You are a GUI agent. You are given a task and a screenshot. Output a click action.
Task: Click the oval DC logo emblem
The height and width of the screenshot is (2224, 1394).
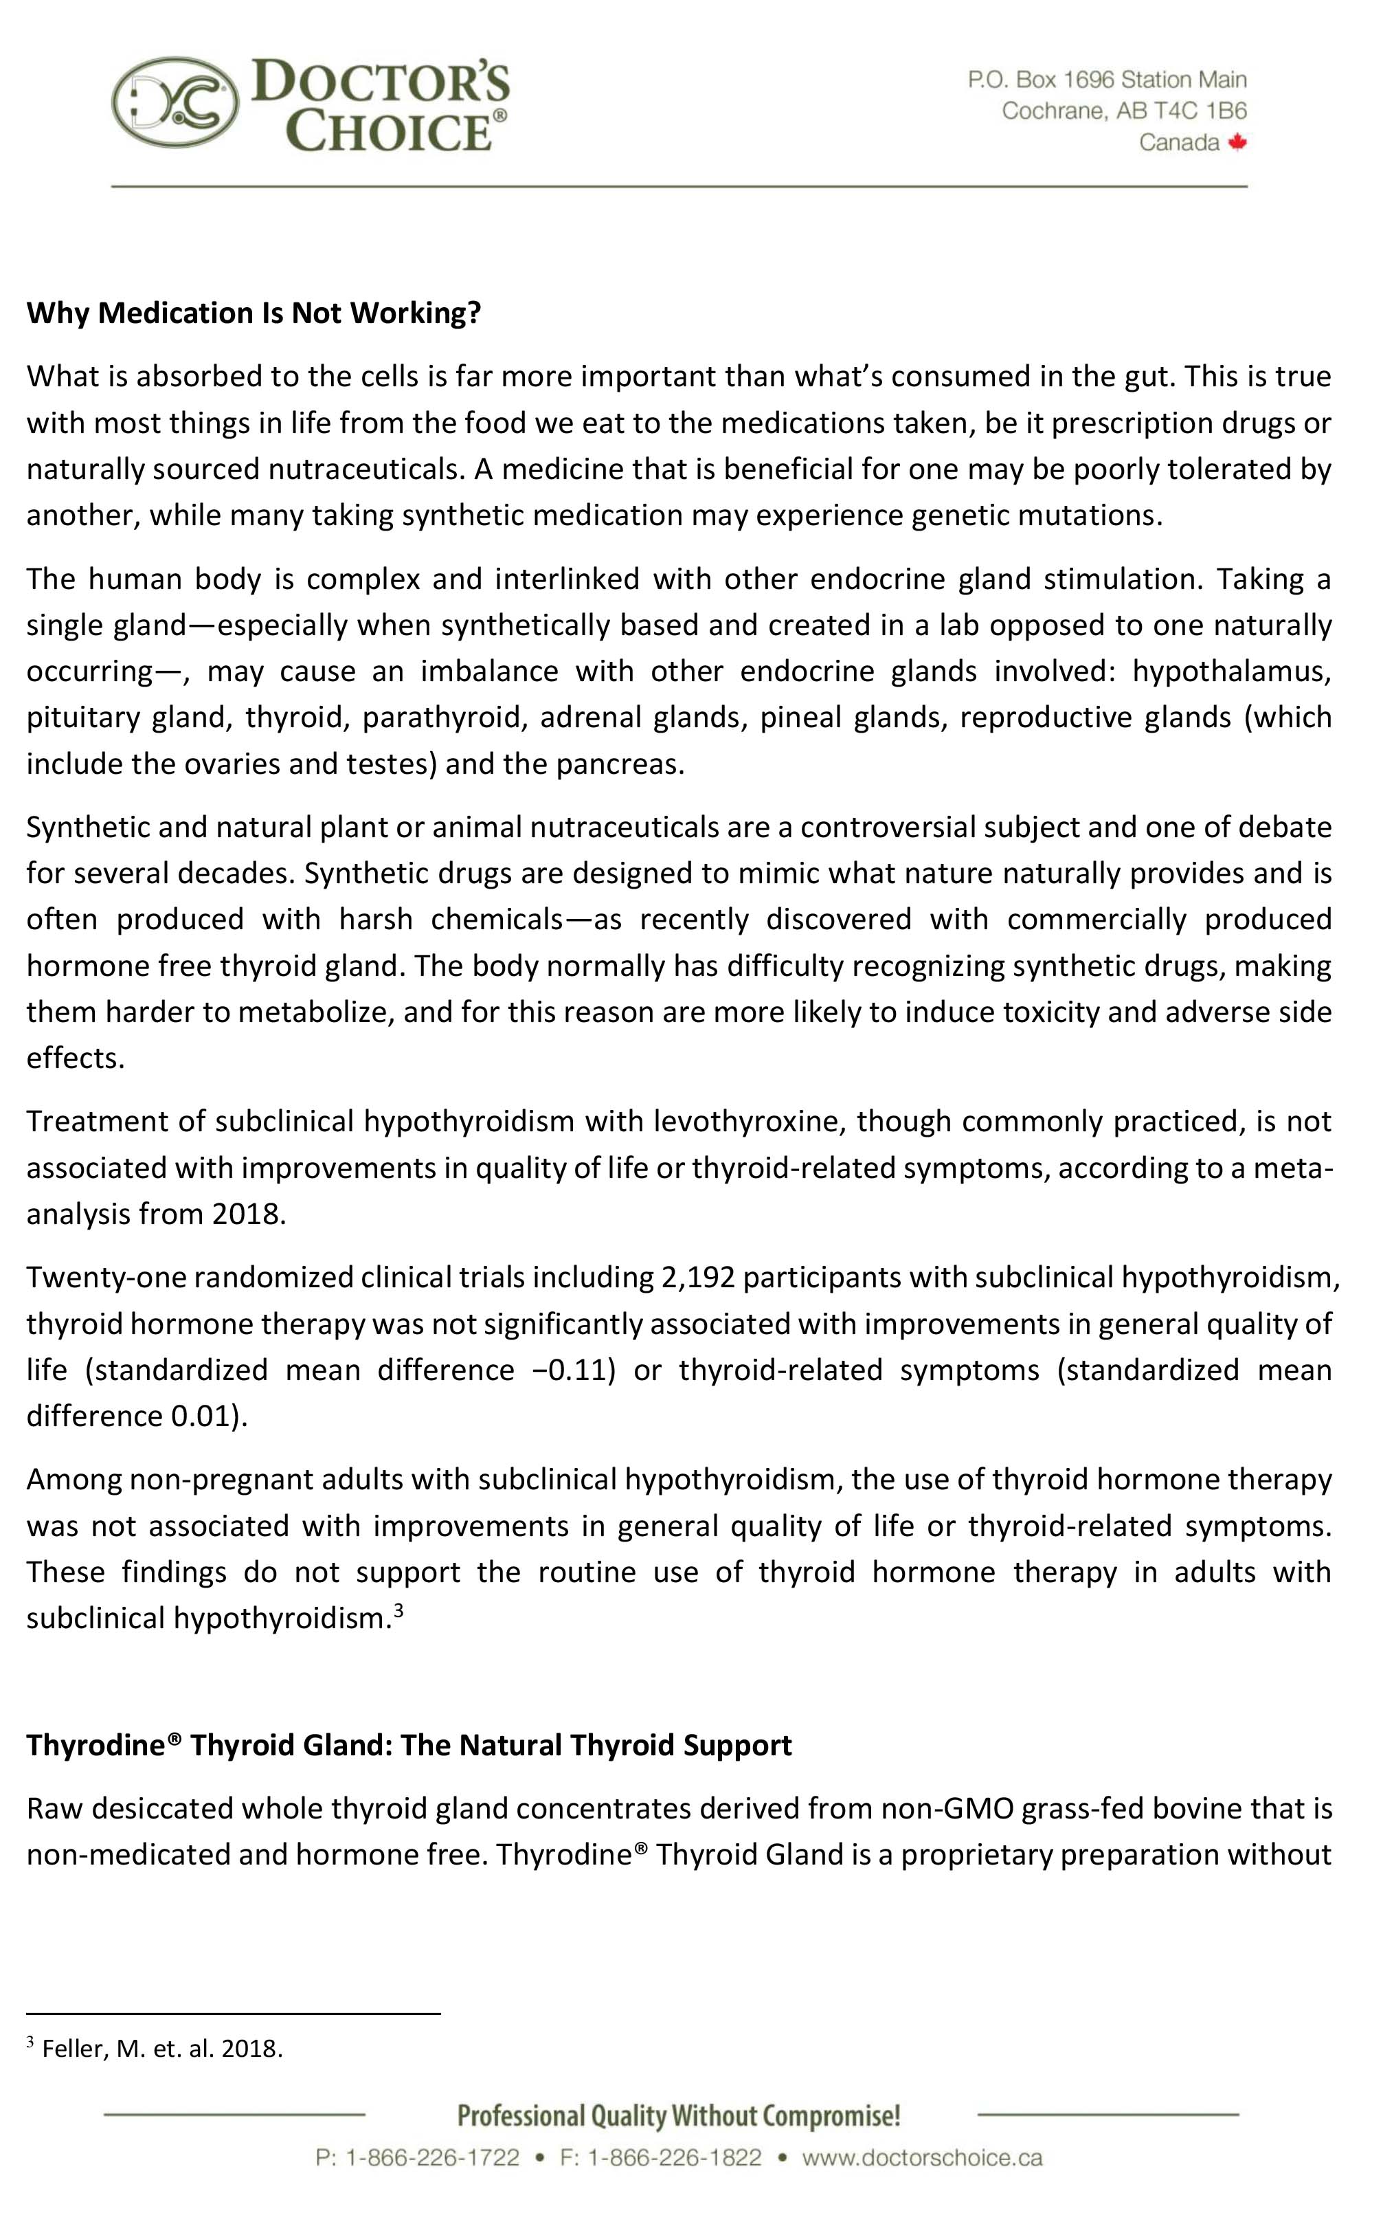pos(175,103)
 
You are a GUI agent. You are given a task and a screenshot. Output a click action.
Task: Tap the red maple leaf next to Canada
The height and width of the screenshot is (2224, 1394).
pos(1237,142)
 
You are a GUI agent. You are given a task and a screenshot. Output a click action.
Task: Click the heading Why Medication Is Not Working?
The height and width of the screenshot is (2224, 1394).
pos(254,313)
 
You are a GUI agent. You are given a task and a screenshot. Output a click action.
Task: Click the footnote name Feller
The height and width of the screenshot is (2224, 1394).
pos(76,2049)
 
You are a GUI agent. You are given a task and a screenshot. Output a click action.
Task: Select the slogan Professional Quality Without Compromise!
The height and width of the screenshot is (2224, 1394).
pos(679,2115)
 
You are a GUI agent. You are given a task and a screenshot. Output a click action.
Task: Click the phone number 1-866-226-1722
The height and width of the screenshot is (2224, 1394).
pos(431,2157)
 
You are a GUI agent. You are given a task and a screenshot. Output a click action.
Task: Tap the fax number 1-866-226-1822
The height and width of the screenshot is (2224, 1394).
pos(674,2157)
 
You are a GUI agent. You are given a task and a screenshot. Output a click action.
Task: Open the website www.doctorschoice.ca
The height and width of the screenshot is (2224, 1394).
pos(922,2157)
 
